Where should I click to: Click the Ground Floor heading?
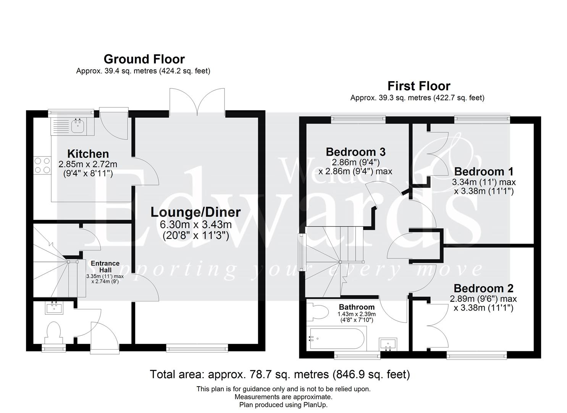[x=144, y=59]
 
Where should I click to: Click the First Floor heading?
[x=419, y=86]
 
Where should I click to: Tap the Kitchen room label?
[x=88, y=154]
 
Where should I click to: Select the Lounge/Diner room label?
[x=195, y=212]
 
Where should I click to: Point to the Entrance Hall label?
[x=105, y=267]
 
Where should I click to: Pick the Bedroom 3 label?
[x=355, y=152]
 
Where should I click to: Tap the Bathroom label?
[x=357, y=307]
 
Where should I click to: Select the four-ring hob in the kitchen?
[x=43, y=165]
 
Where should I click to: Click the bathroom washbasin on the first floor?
[x=388, y=344]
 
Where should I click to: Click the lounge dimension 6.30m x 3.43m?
[x=195, y=224]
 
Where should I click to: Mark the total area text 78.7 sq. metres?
[x=279, y=374]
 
